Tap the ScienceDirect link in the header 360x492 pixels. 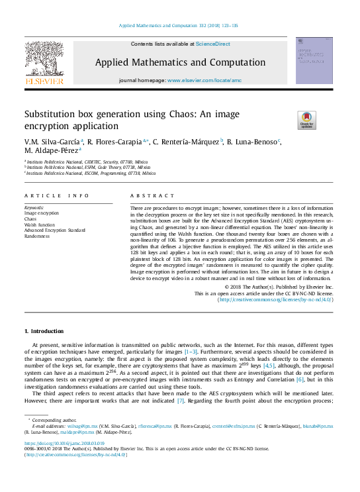[x=212, y=44]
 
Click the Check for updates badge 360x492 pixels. [x=306, y=121]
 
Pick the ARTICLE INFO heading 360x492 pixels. [x=56, y=196]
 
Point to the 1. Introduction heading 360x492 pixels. [x=44, y=330]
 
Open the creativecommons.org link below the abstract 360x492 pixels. [x=275, y=299]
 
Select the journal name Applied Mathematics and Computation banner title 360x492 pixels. [x=181, y=63]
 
